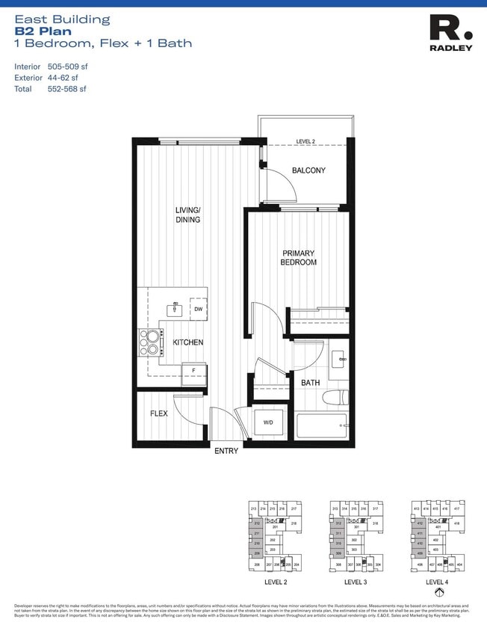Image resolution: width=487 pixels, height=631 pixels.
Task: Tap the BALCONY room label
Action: tap(308, 170)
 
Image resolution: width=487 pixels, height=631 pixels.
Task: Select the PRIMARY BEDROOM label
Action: tap(298, 258)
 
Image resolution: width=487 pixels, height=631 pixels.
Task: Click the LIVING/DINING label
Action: tap(187, 215)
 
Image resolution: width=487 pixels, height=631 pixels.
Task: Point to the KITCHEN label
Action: tap(188, 342)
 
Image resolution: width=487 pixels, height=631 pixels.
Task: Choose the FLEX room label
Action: tap(158, 413)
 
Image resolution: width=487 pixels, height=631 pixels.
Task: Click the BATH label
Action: tap(310, 383)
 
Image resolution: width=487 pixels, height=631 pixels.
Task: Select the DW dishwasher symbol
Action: tap(198, 309)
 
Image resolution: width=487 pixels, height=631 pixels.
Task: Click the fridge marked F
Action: tap(193, 369)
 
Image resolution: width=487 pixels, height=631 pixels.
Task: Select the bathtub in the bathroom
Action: tap(321, 425)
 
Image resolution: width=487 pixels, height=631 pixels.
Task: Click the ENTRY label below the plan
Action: tap(226, 451)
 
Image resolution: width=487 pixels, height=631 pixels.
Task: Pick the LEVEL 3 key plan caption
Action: tap(355, 581)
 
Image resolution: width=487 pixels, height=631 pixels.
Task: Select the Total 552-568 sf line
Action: tap(50, 89)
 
